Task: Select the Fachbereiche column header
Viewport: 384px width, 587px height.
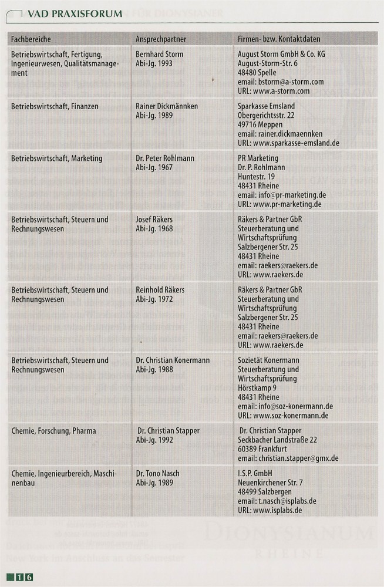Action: coord(31,39)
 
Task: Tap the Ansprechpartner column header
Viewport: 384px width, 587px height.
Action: coord(161,39)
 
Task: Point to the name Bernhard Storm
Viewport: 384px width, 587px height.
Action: coord(159,54)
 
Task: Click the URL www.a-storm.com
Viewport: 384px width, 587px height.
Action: coord(274,92)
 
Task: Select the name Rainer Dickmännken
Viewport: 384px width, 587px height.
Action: coord(167,106)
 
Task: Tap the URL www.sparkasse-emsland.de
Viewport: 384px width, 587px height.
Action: coord(288,143)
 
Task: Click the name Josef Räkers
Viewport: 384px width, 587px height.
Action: coord(154,220)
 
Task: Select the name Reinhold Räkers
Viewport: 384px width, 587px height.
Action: coord(160,290)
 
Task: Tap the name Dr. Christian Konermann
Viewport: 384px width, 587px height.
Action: coord(173,360)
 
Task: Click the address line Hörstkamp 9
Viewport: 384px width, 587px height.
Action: coord(257,388)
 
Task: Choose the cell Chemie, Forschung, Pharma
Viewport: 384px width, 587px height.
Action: coord(53,430)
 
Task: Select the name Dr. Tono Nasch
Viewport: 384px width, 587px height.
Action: coord(157,473)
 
